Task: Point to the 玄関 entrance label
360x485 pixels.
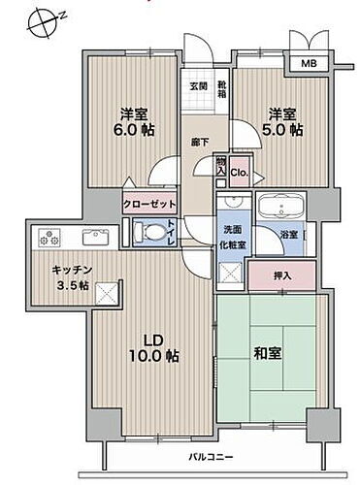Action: (x=197, y=83)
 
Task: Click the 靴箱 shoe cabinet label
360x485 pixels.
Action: (x=222, y=84)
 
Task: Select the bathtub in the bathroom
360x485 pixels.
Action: (x=279, y=209)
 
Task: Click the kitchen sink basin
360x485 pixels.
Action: (x=95, y=238)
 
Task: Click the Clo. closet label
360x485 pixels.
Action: (x=239, y=173)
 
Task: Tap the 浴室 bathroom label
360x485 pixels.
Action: (x=289, y=234)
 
